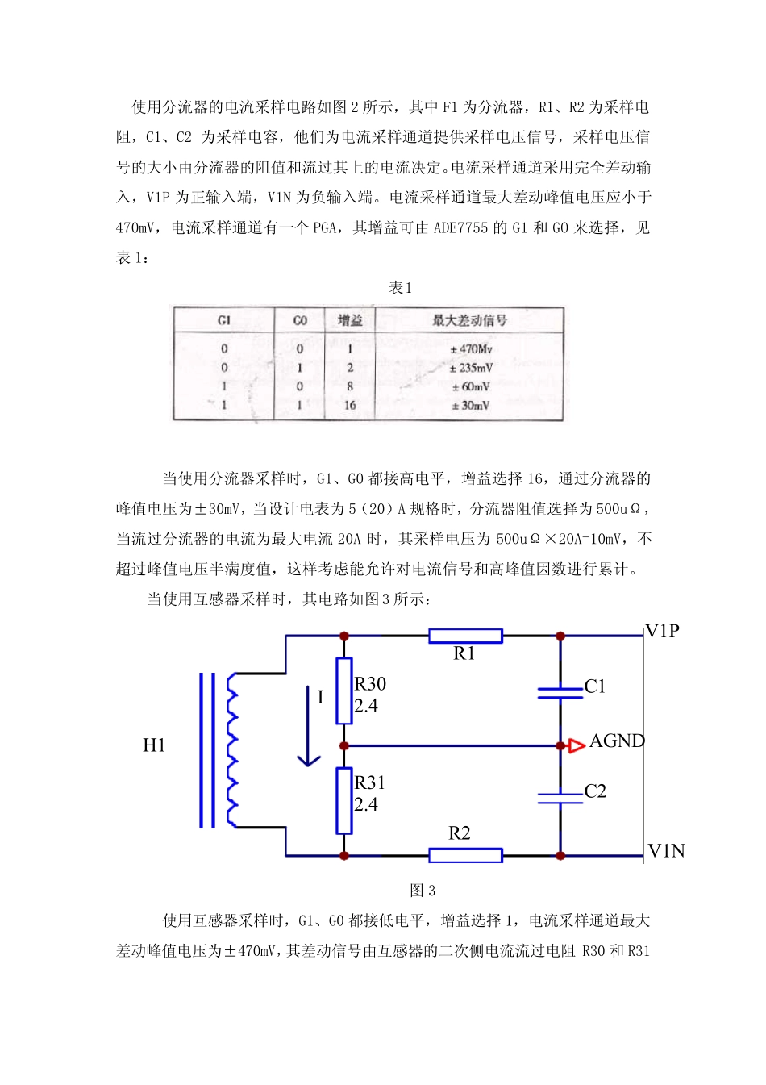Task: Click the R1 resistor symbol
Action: point(465,636)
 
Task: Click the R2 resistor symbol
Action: point(465,855)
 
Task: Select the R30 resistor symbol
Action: point(344,690)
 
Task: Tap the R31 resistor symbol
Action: point(344,800)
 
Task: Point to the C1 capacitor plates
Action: point(560,692)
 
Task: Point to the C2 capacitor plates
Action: point(560,798)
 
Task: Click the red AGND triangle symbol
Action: point(576,745)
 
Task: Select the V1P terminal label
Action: point(663,631)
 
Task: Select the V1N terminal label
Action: point(666,850)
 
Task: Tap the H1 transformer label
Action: point(154,745)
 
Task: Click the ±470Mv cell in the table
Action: point(471,349)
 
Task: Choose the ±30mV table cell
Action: point(471,405)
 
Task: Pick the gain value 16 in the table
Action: point(350,405)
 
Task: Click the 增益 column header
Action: point(350,320)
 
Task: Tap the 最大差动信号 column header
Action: point(469,320)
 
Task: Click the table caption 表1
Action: point(400,288)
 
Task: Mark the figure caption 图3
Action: point(423,891)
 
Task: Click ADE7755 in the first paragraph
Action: point(460,227)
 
